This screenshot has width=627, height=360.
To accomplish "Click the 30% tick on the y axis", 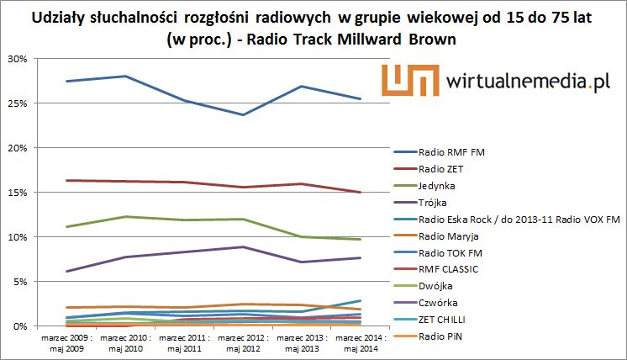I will [16, 59].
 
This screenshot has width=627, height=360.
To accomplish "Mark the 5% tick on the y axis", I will [18, 282].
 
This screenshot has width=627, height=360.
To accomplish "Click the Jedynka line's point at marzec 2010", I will [125, 216].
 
